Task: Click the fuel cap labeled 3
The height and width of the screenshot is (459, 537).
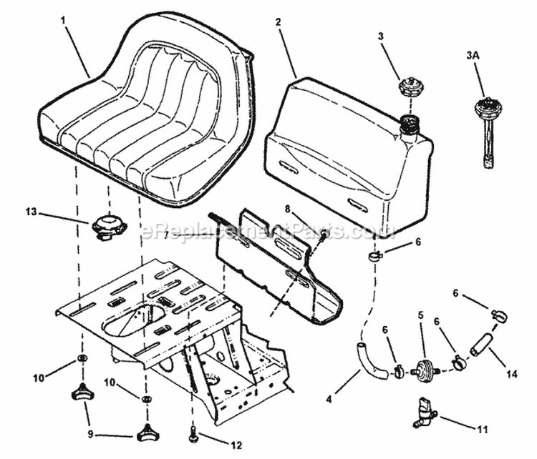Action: click(409, 92)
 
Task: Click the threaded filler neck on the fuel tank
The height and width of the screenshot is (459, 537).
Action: click(407, 127)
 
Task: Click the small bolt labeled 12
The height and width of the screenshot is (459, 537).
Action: click(193, 431)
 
